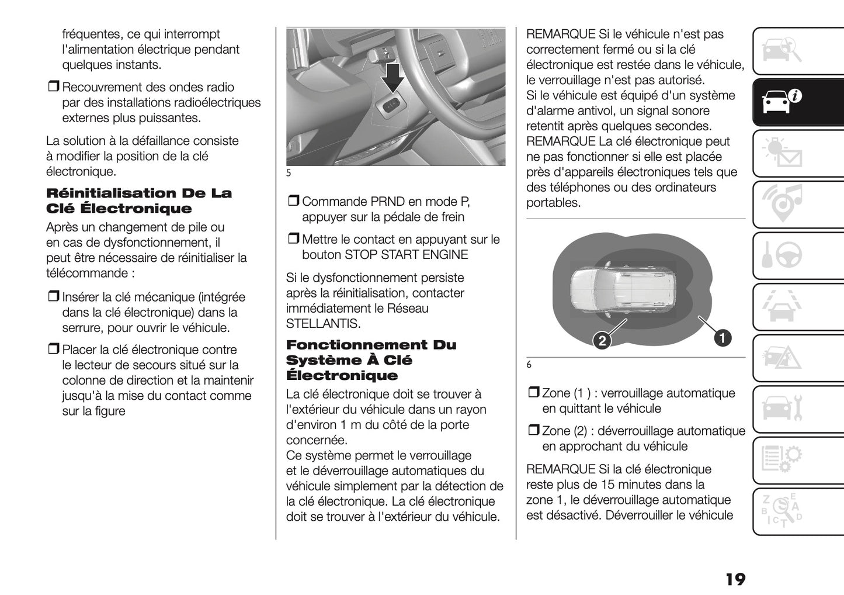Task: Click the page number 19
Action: point(735,579)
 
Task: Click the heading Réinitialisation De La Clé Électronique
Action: point(138,200)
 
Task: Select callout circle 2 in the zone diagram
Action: point(602,340)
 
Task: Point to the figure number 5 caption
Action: point(289,173)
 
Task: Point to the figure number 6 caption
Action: point(529,365)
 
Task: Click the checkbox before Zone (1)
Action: point(533,393)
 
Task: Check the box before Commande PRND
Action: point(293,202)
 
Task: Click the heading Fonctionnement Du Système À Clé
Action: point(370,360)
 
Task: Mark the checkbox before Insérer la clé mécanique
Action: point(53,297)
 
